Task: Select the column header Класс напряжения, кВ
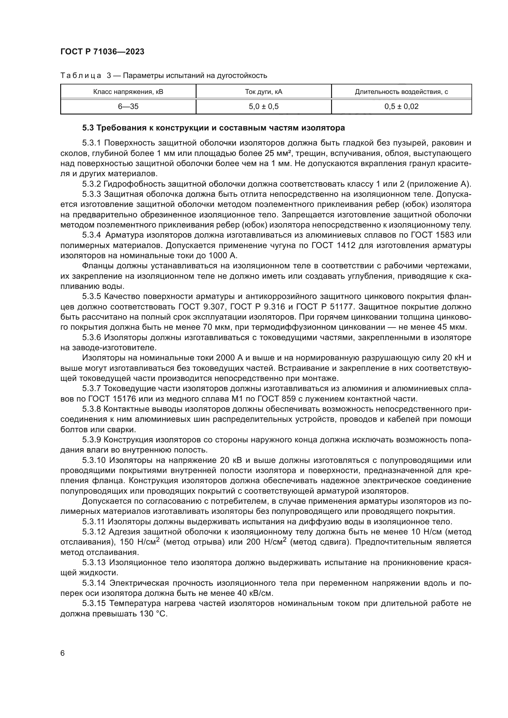(128, 91)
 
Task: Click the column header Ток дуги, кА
(264, 91)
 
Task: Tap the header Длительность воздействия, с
(401, 91)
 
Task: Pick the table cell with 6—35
(128, 107)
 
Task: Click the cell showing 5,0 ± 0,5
(264, 107)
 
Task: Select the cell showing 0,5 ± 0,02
(401, 107)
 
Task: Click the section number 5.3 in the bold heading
(88, 128)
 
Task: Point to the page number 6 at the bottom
(63, 653)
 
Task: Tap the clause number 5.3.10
(94, 460)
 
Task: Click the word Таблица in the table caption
(81, 76)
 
